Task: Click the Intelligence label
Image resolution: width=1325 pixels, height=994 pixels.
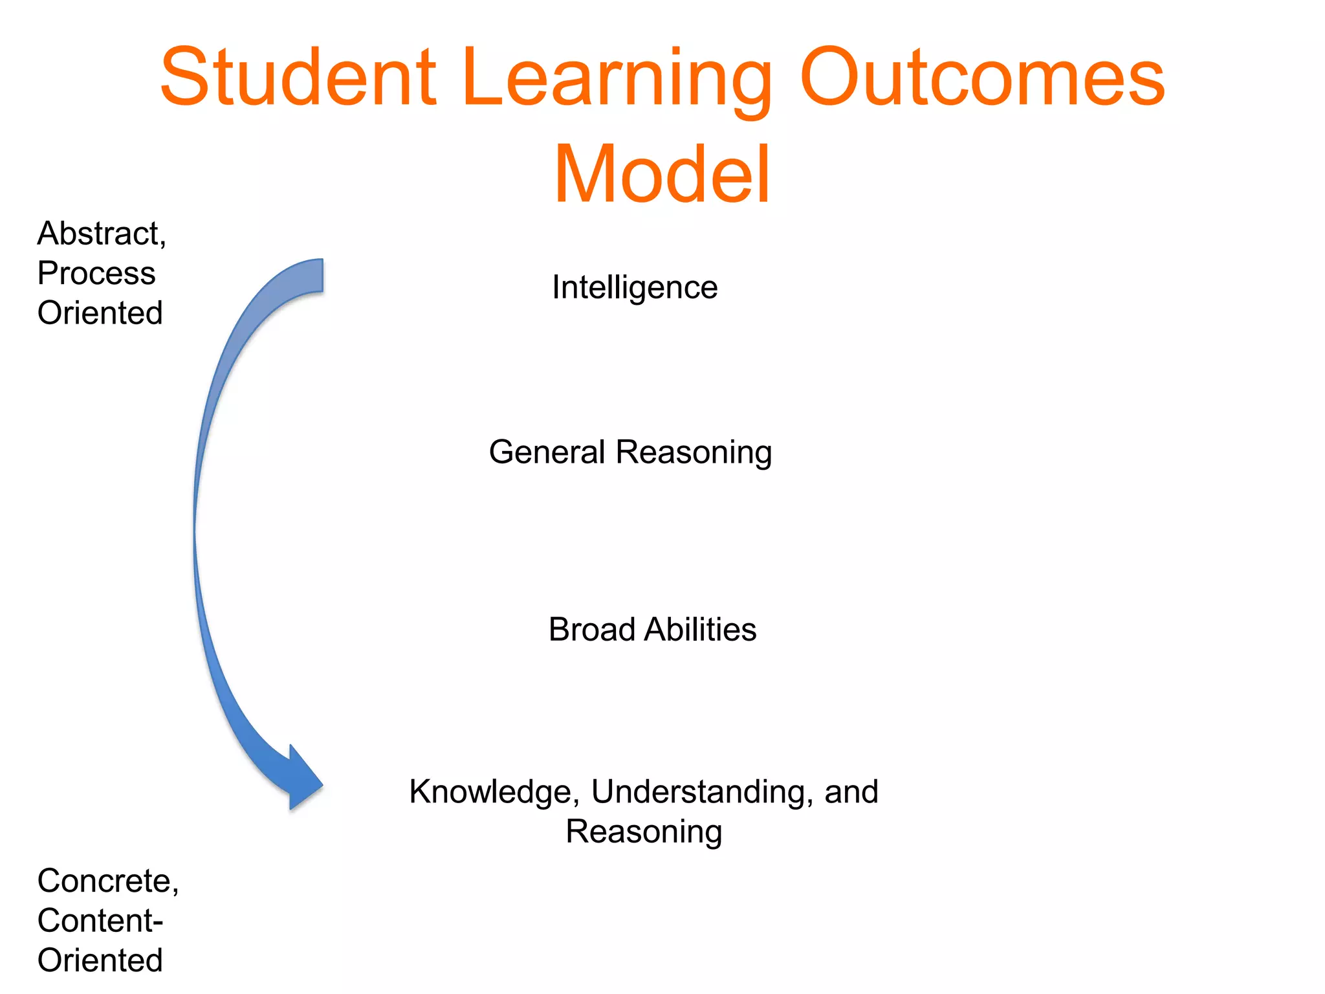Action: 635,287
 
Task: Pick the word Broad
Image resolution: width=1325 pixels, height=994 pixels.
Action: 591,629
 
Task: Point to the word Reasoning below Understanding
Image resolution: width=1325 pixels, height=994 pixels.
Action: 644,832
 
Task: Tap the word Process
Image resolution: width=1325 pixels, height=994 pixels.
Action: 96,273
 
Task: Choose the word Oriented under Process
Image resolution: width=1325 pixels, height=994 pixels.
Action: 100,313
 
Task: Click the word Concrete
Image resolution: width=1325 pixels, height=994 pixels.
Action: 107,881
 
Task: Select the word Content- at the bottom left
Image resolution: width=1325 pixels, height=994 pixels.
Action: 100,920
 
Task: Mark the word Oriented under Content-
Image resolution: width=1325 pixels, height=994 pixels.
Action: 100,960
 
